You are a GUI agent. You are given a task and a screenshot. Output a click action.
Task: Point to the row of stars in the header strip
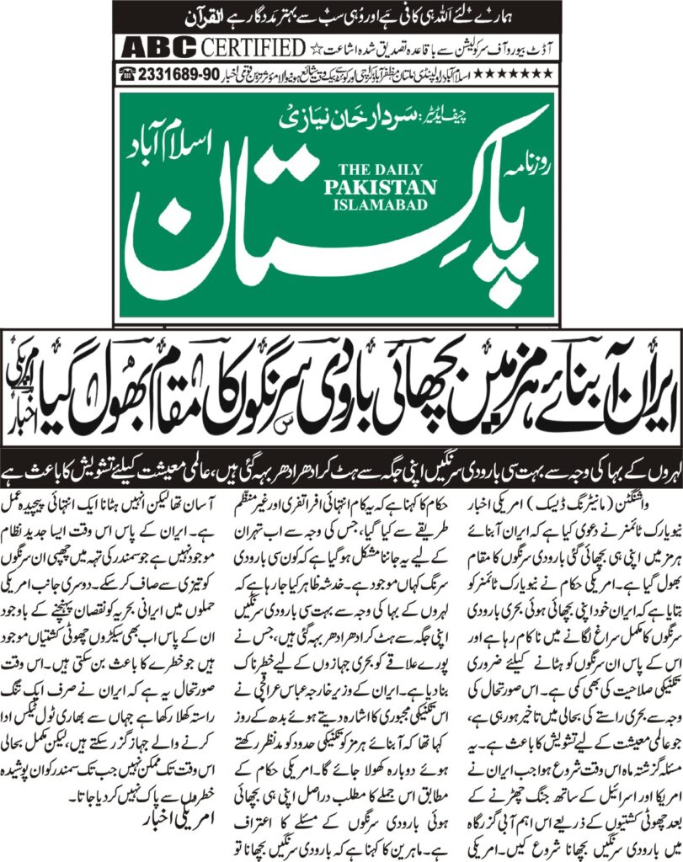pos(523,73)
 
